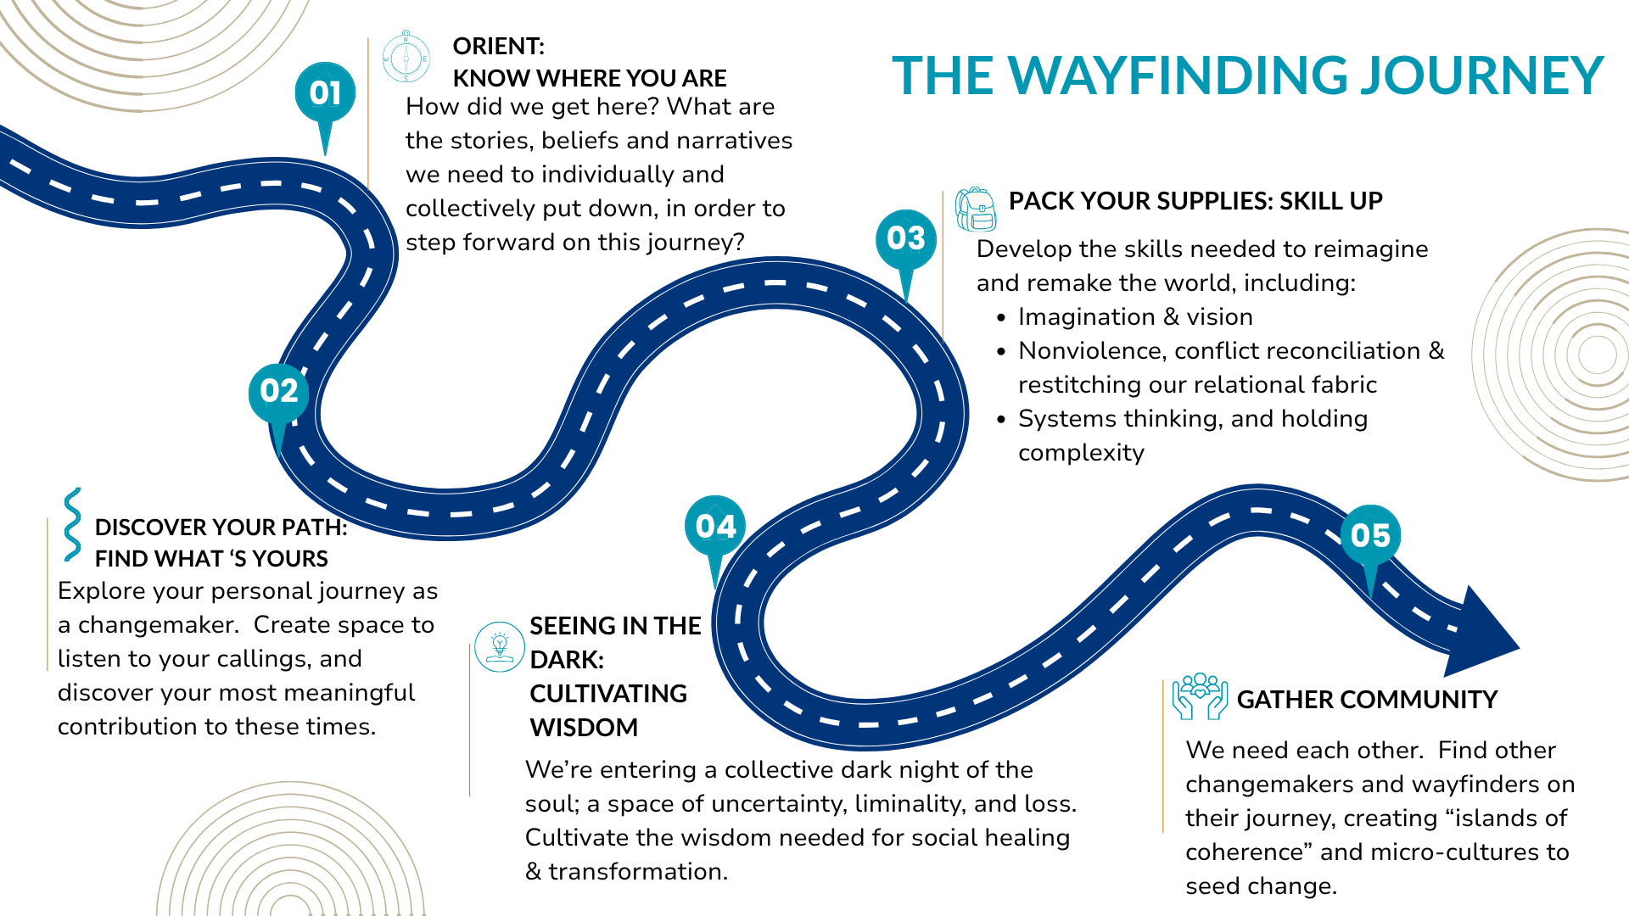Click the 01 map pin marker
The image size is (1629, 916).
[325, 93]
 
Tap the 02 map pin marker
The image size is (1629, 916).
[278, 393]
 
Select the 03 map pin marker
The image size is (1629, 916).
[906, 239]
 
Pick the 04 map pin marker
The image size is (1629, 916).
[715, 527]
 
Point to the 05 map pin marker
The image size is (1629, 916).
[1370, 536]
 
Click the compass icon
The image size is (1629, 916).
[406, 58]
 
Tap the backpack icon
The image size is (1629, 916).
[976, 209]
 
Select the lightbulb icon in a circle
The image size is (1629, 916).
[500, 647]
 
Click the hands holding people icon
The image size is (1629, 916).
[1200, 696]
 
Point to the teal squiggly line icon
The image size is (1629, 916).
[73, 524]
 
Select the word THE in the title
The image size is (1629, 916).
[942, 76]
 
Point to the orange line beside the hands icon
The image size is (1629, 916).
[1163, 756]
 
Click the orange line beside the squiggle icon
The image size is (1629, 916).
[48, 594]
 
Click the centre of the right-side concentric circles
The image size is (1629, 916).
[1598, 355]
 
